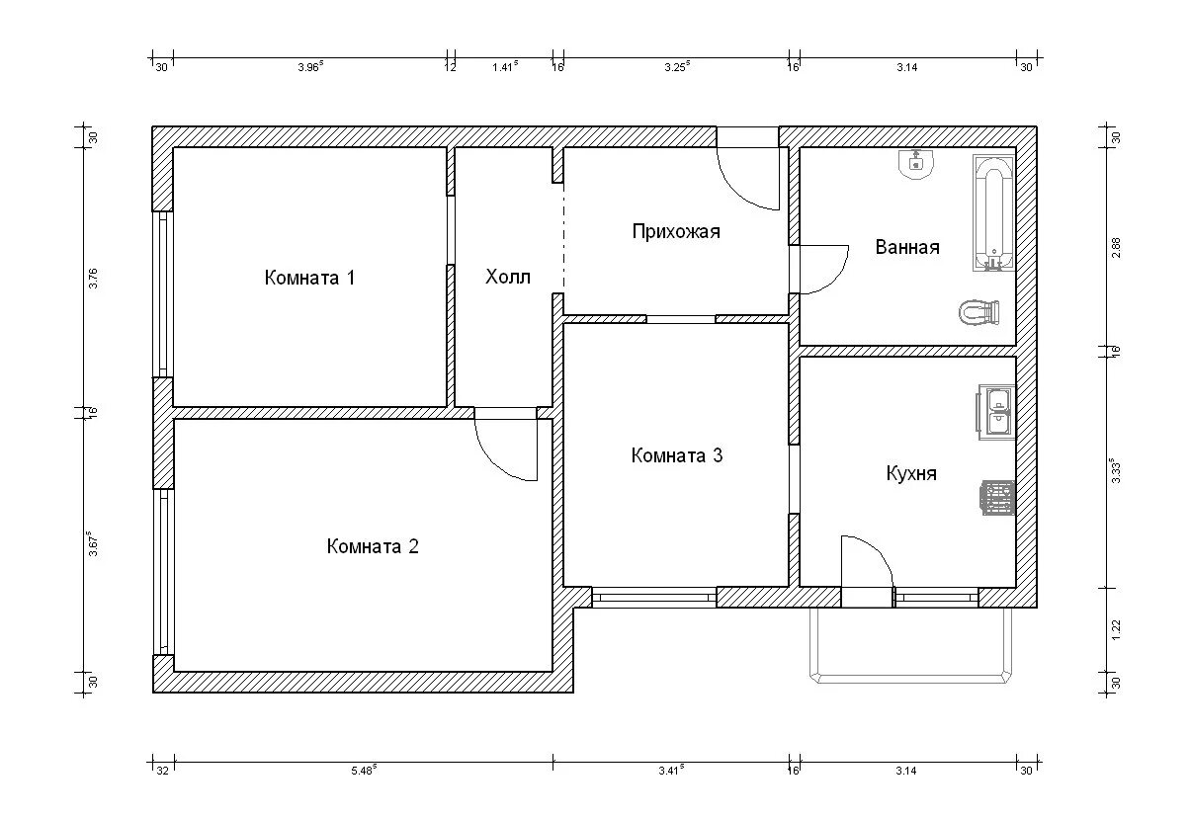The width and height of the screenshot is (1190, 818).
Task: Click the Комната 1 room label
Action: (x=309, y=278)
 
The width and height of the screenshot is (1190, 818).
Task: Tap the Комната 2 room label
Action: (x=373, y=546)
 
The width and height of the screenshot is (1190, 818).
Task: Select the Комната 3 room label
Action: (x=677, y=455)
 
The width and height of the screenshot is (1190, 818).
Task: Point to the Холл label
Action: (x=508, y=277)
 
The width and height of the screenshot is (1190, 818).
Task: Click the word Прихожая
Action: (x=676, y=231)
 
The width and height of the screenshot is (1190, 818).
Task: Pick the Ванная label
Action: (x=907, y=247)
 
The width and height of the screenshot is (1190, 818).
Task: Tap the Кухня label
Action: (x=911, y=473)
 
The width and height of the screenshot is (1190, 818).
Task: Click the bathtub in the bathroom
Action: (x=993, y=212)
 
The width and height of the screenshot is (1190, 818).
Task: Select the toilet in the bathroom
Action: (x=979, y=312)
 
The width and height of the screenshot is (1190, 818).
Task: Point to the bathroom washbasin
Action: (x=915, y=164)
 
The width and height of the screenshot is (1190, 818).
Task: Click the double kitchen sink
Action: (x=995, y=412)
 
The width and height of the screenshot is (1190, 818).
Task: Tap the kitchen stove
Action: (x=997, y=498)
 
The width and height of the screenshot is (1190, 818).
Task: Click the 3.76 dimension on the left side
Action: (x=93, y=278)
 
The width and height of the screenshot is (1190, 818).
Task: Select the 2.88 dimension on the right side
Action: (x=1116, y=248)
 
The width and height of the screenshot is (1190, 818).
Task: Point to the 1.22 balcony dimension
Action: (x=1116, y=630)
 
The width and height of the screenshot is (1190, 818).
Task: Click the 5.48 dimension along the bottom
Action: (x=364, y=771)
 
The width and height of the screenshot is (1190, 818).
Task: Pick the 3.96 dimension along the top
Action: (x=310, y=67)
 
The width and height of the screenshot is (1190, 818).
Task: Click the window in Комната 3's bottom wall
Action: (x=654, y=598)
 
